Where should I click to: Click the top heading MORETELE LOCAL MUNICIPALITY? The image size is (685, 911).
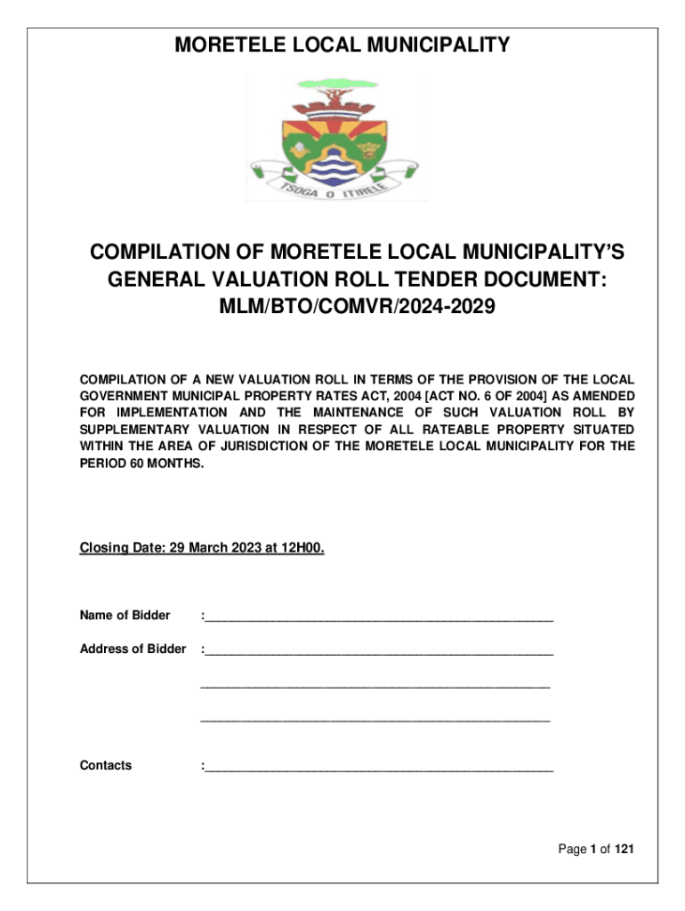[x=342, y=44]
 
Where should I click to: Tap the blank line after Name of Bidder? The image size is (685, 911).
[x=378, y=616]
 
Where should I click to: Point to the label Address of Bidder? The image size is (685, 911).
[x=133, y=649]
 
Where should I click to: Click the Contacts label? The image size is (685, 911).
[x=106, y=765]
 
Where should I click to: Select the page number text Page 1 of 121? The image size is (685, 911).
[x=595, y=850]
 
